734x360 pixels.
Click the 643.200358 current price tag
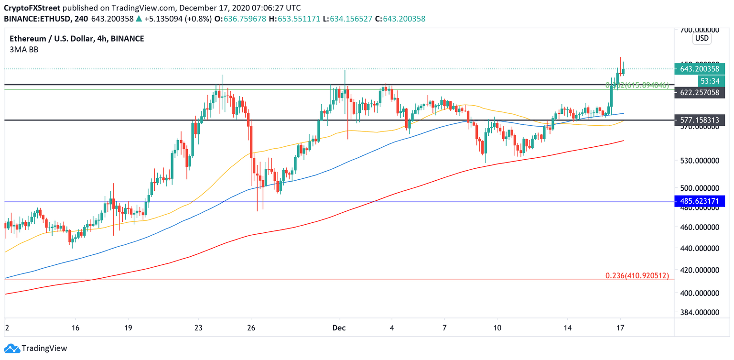pyautogui.click(x=699, y=69)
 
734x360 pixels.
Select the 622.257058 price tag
pyautogui.click(x=699, y=92)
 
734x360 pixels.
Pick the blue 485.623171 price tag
pyautogui.click(x=699, y=201)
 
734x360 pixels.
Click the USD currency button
pyautogui.click(x=702, y=38)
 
